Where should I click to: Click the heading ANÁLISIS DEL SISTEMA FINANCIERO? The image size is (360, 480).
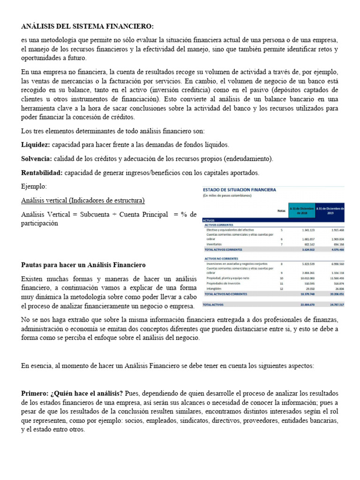point(87,26)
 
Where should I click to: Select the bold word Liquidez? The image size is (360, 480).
point(36,145)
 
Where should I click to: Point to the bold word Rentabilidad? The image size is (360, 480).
point(42,173)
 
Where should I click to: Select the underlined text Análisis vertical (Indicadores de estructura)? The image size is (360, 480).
point(83,201)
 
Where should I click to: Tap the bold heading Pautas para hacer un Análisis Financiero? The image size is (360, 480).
point(83,265)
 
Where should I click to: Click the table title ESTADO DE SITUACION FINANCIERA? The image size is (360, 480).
point(240,189)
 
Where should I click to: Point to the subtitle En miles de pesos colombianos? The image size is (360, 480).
point(227,195)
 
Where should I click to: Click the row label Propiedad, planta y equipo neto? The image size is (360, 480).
point(228,278)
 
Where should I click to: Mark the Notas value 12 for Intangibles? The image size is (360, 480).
point(281,289)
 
